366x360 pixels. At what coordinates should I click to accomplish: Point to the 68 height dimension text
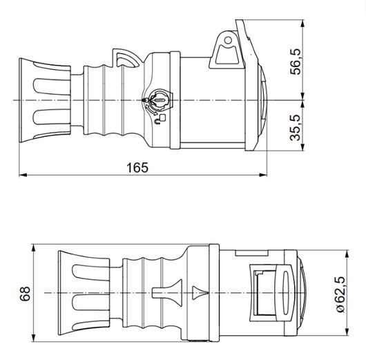26,293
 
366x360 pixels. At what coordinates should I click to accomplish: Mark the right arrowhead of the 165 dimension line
264,174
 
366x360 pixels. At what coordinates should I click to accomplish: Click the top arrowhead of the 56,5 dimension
304,23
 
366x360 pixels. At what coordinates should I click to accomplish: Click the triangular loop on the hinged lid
225,48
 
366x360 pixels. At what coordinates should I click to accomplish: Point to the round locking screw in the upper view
157,101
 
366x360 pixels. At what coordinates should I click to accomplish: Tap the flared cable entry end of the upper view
43,101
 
